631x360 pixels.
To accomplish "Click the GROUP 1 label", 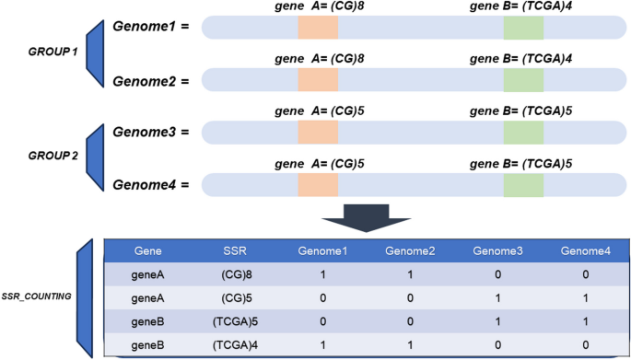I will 53,52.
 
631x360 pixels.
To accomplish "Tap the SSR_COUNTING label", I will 40,297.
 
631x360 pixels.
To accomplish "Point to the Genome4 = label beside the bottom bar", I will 151,185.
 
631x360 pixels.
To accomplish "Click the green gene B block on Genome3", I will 524,132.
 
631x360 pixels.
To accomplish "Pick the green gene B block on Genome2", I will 524,79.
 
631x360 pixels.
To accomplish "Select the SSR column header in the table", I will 236,250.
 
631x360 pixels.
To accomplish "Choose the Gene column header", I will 148,250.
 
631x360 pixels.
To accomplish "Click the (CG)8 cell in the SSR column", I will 236,274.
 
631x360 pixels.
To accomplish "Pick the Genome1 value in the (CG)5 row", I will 321,298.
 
